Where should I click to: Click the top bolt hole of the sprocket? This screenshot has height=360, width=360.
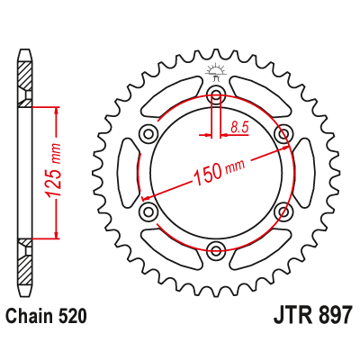click(216, 96)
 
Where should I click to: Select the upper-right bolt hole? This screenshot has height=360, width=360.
click(284, 135)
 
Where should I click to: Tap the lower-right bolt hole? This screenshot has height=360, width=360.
click(284, 211)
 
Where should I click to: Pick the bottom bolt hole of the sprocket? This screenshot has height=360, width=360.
click(216, 250)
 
